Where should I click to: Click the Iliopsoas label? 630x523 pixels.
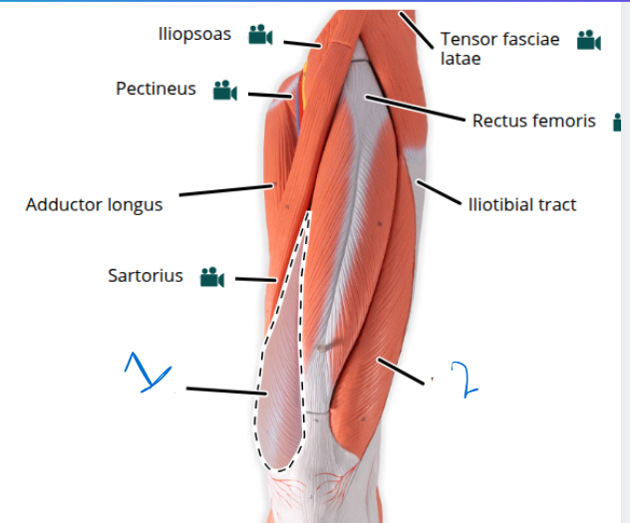(x=194, y=34)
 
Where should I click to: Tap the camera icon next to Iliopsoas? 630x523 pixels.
(x=260, y=35)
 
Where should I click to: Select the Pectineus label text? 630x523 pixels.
(x=156, y=89)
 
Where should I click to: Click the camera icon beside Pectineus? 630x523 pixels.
(x=225, y=90)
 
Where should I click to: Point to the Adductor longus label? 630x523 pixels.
(x=94, y=204)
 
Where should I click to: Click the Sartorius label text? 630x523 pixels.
(x=146, y=276)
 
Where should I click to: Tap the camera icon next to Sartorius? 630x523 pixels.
(x=212, y=277)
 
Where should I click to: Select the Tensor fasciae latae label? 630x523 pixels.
(x=499, y=49)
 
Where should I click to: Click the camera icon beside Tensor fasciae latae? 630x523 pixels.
(x=588, y=40)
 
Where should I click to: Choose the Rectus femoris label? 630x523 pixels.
(x=533, y=121)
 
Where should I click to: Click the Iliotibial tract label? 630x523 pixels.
(x=522, y=204)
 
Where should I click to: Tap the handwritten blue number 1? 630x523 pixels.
(x=148, y=373)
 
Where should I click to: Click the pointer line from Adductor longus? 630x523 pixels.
(x=226, y=190)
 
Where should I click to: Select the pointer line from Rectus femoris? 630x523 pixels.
(x=415, y=108)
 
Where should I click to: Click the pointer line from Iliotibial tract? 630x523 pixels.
(x=439, y=192)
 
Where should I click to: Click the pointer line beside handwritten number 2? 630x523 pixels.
(x=401, y=372)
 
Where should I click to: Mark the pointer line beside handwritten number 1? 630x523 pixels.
(x=226, y=391)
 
